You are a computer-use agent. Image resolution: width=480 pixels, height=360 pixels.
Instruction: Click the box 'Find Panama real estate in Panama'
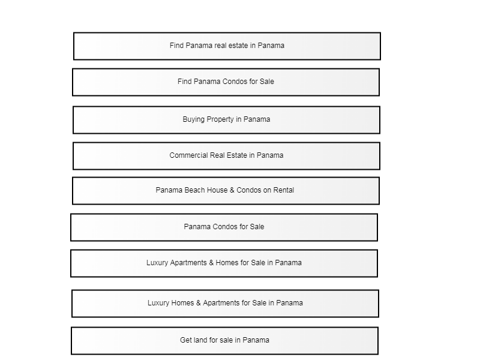(x=227, y=46)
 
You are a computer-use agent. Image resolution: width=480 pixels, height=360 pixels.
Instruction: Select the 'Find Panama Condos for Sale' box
(x=226, y=82)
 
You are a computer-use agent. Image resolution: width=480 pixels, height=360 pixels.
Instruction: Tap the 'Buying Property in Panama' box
(x=227, y=119)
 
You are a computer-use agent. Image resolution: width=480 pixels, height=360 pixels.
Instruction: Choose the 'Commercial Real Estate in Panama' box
(x=227, y=156)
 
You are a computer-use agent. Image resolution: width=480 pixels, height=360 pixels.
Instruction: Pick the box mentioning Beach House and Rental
(x=226, y=190)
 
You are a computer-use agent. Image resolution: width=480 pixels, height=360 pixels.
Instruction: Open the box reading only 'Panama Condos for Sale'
(x=224, y=227)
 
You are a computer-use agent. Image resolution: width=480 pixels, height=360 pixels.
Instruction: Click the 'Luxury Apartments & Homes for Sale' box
(x=224, y=263)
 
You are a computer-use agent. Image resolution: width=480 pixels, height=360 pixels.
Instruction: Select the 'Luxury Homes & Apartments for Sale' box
(x=226, y=304)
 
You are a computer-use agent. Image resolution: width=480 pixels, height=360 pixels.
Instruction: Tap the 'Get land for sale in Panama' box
(x=224, y=341)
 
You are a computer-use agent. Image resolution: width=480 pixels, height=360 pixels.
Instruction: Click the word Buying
(x=193, y=119)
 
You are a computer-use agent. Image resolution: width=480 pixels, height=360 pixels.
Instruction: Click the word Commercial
(x=188, y=155)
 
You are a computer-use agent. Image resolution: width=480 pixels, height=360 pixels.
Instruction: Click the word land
(x=200, y=340)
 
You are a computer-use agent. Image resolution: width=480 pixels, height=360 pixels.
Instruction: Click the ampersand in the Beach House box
(x=232, y=190)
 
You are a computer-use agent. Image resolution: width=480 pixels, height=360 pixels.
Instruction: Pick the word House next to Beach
(x=217, y=190)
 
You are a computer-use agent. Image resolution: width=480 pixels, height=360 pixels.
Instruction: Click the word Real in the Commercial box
(x=217, y=155)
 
